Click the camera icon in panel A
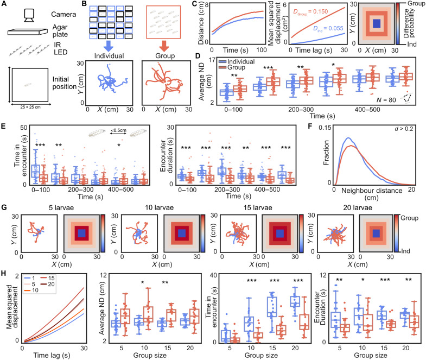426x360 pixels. pos(29,15)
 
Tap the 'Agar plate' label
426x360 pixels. pos(60,31)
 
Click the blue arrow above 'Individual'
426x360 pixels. pos(109,46)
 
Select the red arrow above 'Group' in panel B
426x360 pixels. pos(164,46)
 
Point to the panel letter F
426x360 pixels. pos(310,127)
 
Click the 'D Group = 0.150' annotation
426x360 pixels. pos(310,12)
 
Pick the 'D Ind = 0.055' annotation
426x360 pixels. pos(328,28)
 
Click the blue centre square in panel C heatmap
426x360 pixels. pos(376,23)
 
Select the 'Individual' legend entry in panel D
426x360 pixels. pos(237,62)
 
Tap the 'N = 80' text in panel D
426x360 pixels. pos(386,100)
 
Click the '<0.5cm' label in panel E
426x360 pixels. pos(118,130)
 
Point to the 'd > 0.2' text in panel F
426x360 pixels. pos(404,129)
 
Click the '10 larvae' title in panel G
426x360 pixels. pos(159,208)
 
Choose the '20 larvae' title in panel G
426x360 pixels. pos(358,208)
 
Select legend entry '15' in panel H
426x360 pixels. pos(48,278)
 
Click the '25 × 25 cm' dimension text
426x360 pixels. pos(30,107)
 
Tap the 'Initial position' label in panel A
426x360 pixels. pos(65,83)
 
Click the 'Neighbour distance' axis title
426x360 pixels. pos(372,191)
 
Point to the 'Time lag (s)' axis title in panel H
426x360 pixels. pos(52,355)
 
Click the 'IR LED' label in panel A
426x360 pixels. pos(60,48)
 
